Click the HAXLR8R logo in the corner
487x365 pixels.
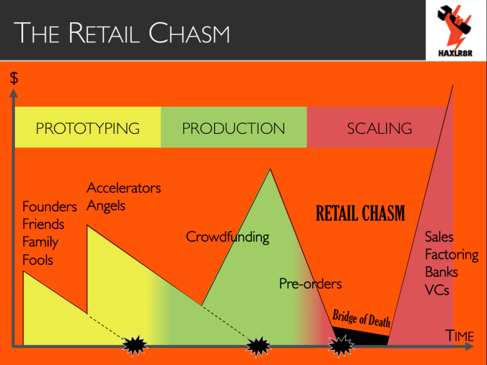455,30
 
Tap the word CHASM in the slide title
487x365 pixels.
189,33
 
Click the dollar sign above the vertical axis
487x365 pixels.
14,78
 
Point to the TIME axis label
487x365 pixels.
460,336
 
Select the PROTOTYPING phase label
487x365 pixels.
87,129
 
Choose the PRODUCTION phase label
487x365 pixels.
233,129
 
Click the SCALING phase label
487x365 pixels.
380,129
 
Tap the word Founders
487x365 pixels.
49,207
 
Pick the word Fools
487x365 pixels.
38,260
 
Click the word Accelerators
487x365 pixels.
124,188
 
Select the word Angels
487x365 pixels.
106,206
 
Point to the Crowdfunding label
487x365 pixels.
228,237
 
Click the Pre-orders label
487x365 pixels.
311,283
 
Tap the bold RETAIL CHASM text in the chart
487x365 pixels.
360,213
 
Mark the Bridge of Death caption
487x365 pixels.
361,318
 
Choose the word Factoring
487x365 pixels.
452,255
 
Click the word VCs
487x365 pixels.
437,290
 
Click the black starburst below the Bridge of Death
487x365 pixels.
341,346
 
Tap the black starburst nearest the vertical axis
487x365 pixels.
135,346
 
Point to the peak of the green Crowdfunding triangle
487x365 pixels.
270,169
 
